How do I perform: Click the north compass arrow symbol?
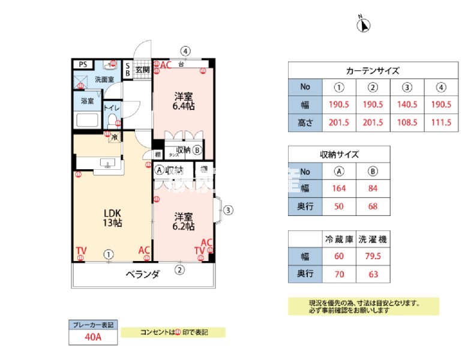click(364, 25)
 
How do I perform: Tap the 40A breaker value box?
click(93, 337)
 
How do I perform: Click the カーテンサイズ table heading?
click(373, 70)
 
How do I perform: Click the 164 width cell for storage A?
click(339, 188)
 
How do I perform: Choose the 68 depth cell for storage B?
click(373, 206)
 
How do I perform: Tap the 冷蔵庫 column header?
click(339, 239)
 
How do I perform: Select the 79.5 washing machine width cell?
click(373, 256)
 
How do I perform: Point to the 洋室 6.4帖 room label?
click(184, 101)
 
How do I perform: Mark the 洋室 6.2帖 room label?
click(184, 221)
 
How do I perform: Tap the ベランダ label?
click(142, 275)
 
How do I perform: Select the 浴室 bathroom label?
click(87, 101)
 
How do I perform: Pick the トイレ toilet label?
click(112, 108)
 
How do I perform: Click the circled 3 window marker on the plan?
click(228, 210)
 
